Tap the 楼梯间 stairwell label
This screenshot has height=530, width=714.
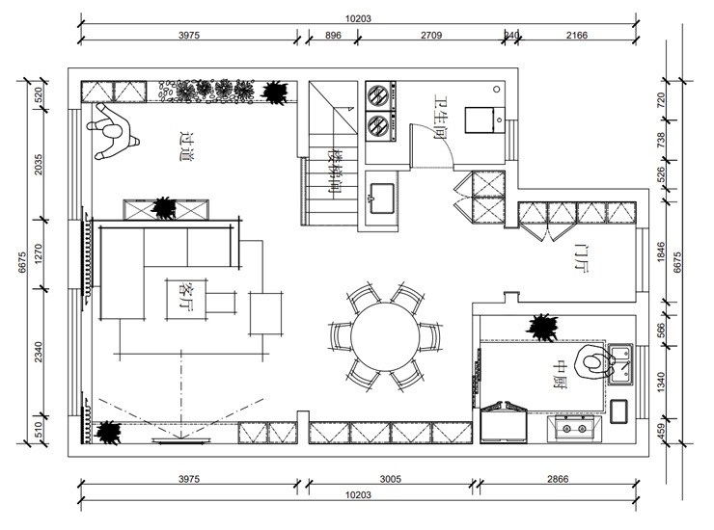point(335,172)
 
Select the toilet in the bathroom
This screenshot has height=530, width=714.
point(481,118)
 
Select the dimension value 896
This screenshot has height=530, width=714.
point(333,35)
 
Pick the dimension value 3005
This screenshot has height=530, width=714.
point(390,479)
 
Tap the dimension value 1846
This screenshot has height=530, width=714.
point(661,252)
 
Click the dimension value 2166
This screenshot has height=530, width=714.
point(577,35)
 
